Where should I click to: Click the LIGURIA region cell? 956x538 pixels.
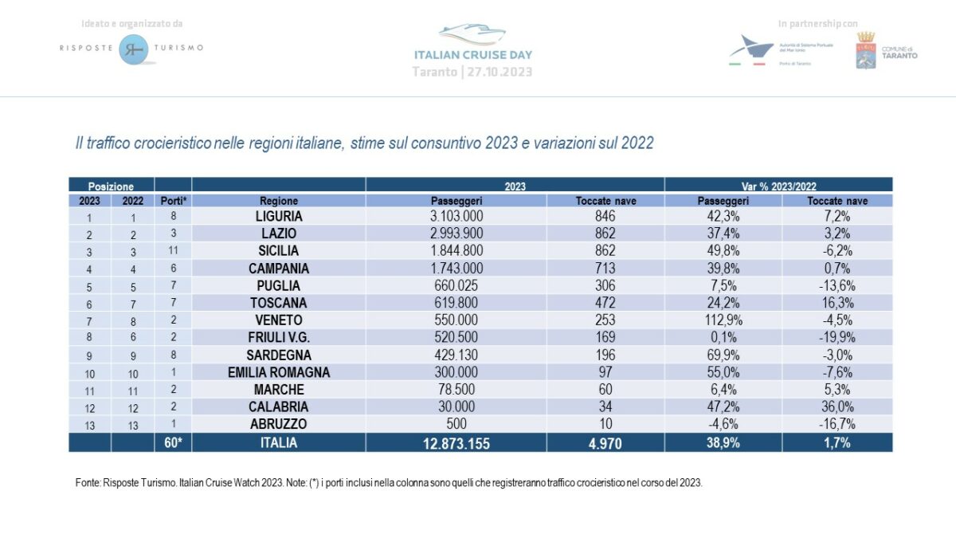pyautogui.click(x=279, y=216)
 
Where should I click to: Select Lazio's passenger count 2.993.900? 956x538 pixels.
pyautogui.click(x=456, y=234)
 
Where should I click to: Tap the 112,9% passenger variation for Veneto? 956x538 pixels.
pyautogui.click(x=723, y=320)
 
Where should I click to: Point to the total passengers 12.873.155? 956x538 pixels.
pyautogui.click(x=456, y=443)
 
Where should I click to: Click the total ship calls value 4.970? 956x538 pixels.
pyautogui.click(x=605, y=443)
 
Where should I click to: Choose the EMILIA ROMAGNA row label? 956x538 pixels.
pyautogui.click(x=279, y=372)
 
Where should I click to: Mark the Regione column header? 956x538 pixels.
pyautogui.click(x=279, y=201)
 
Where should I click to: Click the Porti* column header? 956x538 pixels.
pyautogui.click(x=173, y=201)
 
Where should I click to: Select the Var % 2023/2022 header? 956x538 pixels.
pyautogui.click(x=778, y=186)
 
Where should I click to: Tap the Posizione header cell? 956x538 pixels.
pyautogui.click(x=111, y=186)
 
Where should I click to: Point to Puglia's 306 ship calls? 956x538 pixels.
pyautogui.click(x=605, y=285)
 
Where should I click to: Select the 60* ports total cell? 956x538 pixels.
pyautogui.click(x=173, y=443)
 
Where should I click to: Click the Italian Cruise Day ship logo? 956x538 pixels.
pyautogui.click(x=472, y=36)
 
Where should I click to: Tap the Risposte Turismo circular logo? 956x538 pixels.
pyautogui.click(x=131, y=49)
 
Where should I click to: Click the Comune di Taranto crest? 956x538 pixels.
pyautogui.click(x=866, y=49)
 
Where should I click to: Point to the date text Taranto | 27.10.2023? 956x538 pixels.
pyautogui.click(x=472, y=72)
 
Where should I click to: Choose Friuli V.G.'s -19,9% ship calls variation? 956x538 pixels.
pyautogui.click(x=837, y=338)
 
